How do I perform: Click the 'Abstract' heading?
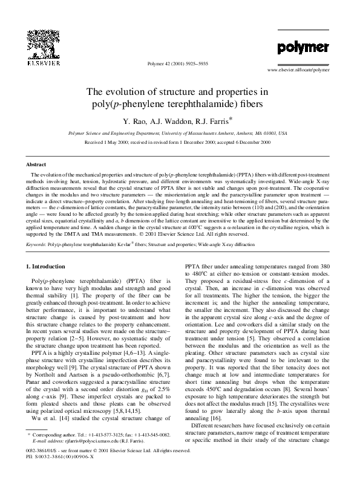(37, 164)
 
